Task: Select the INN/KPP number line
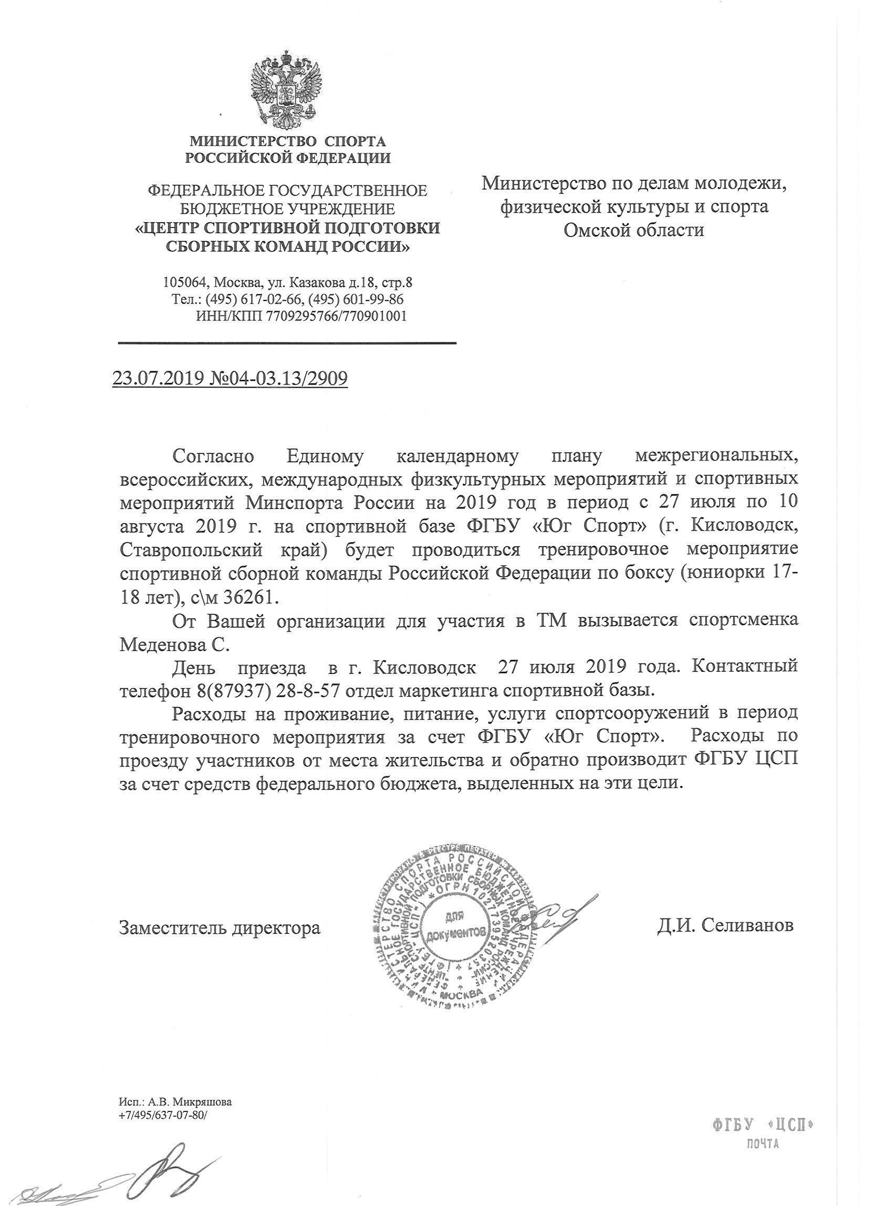[x=301, y=316]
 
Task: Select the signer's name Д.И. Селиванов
[x=725, y=924]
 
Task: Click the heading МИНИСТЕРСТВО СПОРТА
[x=288, y=141]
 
